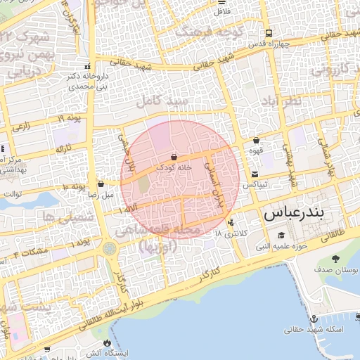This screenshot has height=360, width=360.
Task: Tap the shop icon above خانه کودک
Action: click(174, 157)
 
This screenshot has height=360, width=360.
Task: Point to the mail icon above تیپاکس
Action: click(254, 174)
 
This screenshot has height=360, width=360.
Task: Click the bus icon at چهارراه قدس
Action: click(269, 33)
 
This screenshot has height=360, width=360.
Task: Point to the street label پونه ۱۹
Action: click(69, 118)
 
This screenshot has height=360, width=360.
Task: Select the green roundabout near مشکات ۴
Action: click(109, 248)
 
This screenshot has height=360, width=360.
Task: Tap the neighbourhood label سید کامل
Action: click(164, 103)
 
